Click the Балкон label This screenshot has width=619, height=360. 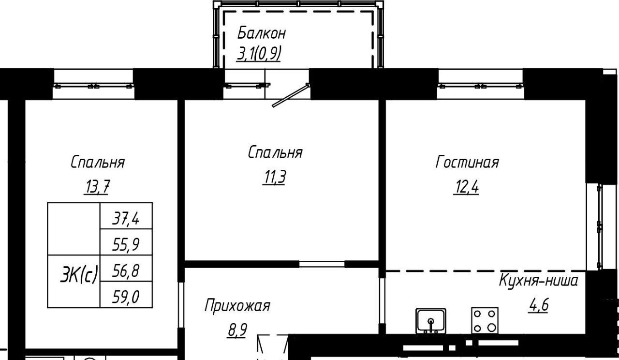pos(261,33)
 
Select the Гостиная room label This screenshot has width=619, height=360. pos(467,162)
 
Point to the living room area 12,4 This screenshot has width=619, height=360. pos(466,187)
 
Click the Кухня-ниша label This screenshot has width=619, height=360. pos(538,280)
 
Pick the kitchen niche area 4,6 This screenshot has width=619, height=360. pos(538,305)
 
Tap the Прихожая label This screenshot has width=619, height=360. pos(237,306)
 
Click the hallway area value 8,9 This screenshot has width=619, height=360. pos(237,330)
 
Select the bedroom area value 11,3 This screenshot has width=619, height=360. pos(274,177)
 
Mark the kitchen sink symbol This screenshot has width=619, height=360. pos(431,321)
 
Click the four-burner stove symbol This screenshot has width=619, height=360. pos(485,320)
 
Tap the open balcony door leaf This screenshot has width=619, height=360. pos(290,95)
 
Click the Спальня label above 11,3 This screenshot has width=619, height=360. pos(275,152)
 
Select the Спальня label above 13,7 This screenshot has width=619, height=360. pos(97,162)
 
